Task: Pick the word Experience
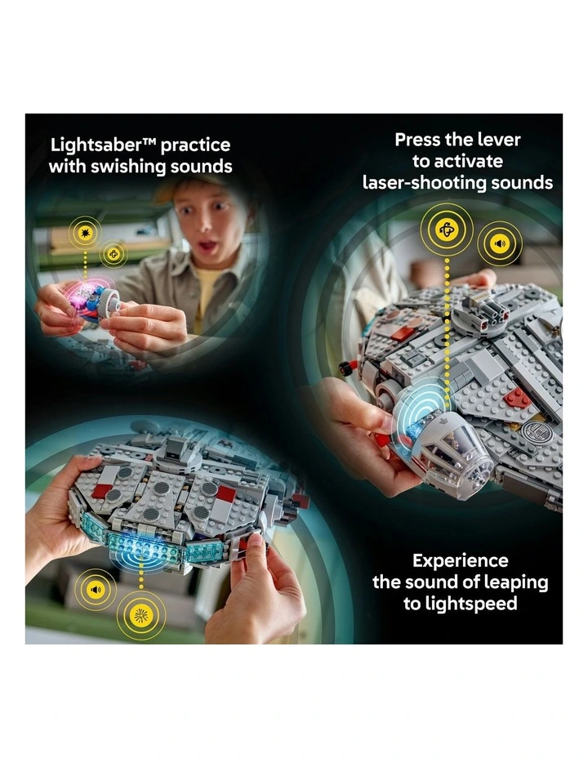click(x=460, y=561)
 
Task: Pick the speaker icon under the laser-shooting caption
click(x=500, y=243)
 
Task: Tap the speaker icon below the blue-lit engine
click(x=96, y=589)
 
